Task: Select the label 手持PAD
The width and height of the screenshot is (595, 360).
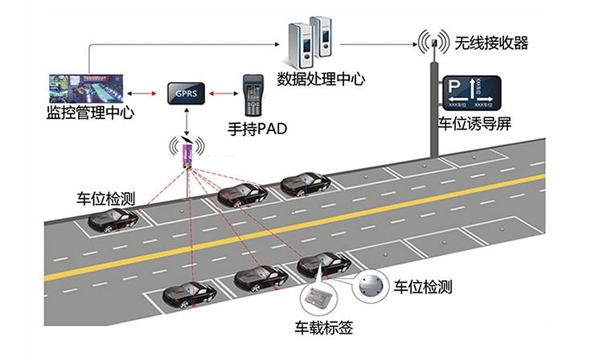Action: click(258, 128)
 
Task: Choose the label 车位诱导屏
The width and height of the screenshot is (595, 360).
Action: click(474, 124)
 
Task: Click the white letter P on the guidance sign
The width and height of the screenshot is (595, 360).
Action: click(455, 86)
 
